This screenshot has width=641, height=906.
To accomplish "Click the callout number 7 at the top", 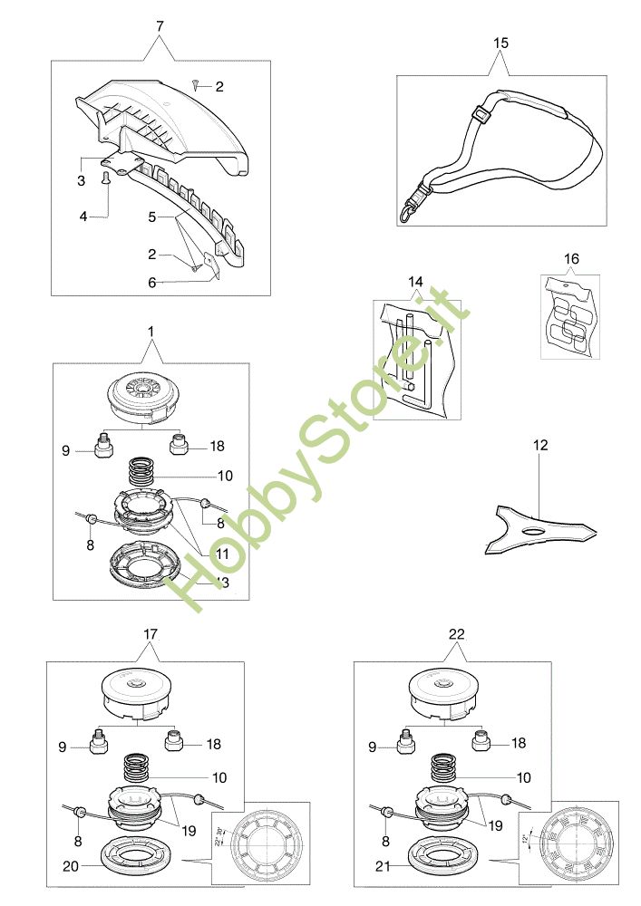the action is [160, 25].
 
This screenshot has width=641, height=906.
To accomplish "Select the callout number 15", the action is [501, 42].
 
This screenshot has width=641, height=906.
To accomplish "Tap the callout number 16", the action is [571, 258].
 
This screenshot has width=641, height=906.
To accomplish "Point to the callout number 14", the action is [415, 283].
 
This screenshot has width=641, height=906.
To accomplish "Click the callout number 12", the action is [541, 445].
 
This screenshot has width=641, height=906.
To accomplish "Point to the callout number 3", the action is [81, 182].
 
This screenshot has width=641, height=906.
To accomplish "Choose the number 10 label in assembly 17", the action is [219, 777].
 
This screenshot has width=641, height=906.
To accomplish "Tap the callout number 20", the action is [68, 866].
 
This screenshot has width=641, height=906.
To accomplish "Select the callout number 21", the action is [382, 866].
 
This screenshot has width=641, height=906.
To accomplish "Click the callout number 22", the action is [457, 635].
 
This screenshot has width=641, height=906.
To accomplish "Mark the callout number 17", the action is [150, 635].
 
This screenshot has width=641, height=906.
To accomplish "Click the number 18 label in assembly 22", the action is [519, 743].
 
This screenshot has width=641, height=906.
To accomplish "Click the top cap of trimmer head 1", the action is [142, 397].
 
